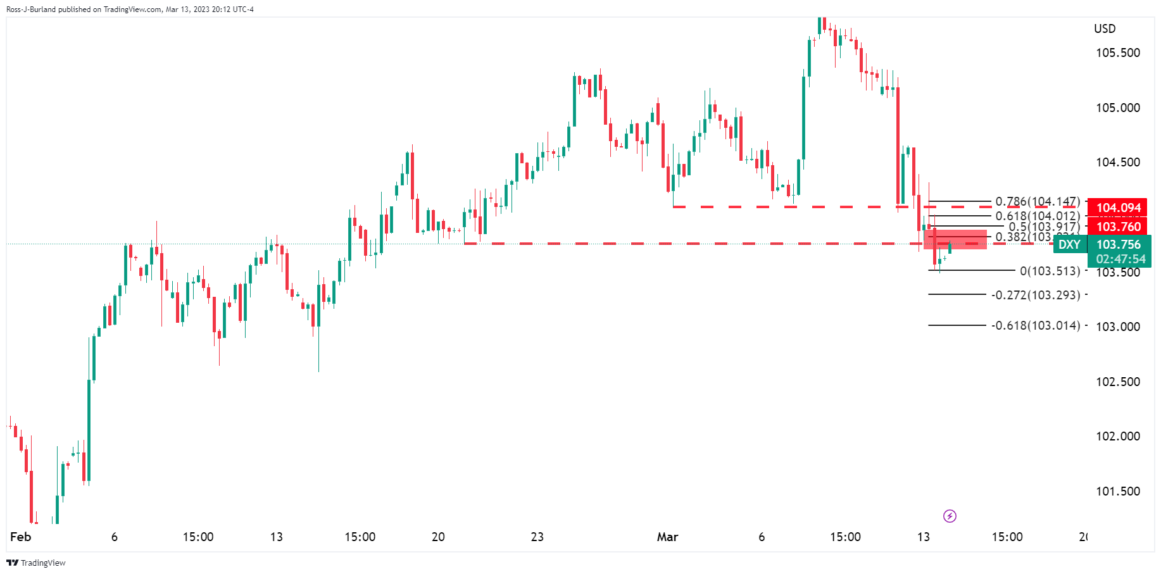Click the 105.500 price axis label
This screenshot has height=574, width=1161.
click(x=1117, y=53)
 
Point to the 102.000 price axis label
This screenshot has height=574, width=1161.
click(x=1117, y=436)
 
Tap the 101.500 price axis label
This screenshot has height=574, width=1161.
click(x=1117, y=491)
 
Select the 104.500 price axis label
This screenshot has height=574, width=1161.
click(x=1117, y=162)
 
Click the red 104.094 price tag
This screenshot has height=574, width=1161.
click(x=1118, y=208)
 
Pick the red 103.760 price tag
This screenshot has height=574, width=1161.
click(x=1118, y=227)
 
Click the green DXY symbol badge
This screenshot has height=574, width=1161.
click(x=1069, y=245)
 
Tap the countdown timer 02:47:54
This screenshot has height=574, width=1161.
click(x=1120, y=259)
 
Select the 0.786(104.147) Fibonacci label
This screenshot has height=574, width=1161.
click(x=1037, y=202)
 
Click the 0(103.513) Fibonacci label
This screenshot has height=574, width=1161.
click(x=1050, y=271)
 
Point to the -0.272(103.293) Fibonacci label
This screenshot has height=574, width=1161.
click(x=1036, y=295)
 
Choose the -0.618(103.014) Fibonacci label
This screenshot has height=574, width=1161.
click(x=1036, y=325)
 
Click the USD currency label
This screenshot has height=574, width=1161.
click(x=1105, y=28)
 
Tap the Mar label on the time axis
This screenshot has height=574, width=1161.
click(x=667, y=537)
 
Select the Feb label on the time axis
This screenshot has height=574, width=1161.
click(x=20, y=537)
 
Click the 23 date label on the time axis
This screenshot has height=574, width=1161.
click(x=537, y=537)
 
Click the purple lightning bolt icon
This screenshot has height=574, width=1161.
click(x=950, y=516)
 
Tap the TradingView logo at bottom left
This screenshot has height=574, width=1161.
click(x=36, y=563)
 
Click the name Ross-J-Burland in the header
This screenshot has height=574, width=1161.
click(x=31, y=9)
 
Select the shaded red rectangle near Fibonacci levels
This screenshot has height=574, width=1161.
click(x=955, y=239)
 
